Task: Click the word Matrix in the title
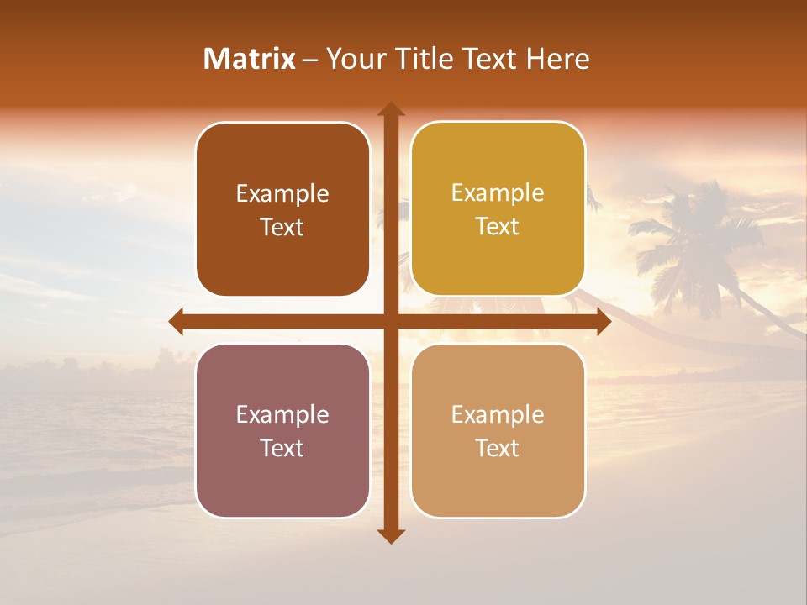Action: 250,59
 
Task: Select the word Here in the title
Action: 558,59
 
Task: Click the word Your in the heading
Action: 353,59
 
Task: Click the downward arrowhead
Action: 390,536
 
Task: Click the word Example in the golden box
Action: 498,192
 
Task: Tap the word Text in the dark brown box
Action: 282,227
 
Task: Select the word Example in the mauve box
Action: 282,414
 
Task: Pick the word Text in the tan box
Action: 498,448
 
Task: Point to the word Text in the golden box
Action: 498,226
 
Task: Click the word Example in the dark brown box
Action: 282,193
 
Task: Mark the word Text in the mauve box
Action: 282,448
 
